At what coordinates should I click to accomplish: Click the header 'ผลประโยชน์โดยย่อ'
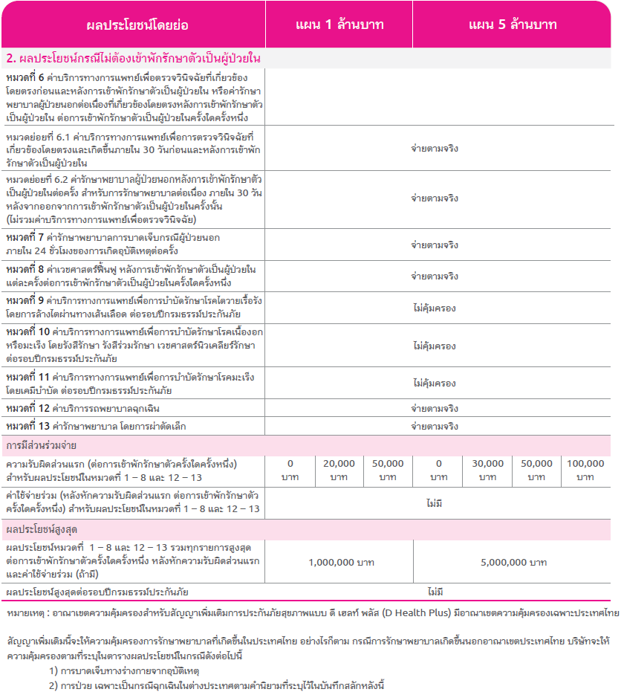click(x=137, y=25)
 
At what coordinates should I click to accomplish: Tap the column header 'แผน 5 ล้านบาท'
click(x=513, y=25)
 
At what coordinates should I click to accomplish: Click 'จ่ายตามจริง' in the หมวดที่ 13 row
click(x=435, y=427)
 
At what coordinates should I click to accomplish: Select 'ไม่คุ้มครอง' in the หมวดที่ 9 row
click(x=435, y=307)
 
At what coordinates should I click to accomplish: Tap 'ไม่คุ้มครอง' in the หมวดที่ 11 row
click(x=435, y=384)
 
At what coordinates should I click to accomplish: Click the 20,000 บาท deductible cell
click(x=339, y=470)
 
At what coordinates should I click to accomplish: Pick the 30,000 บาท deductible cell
click(x=487, y=470)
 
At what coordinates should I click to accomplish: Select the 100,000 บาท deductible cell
click(x=585, y=470)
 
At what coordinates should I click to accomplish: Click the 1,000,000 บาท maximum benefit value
click(x=341, y=562)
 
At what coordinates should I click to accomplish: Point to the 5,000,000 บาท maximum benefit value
click(x=513, y=562)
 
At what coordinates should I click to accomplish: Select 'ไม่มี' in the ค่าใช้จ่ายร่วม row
click(x=435, y=503)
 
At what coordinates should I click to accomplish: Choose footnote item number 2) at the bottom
click(x=54, y=685)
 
